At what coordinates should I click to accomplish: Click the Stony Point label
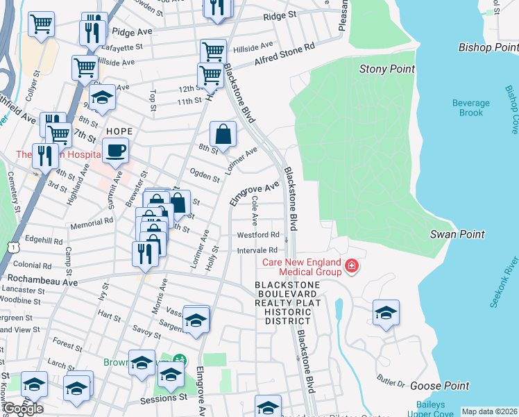[x=387, y=69]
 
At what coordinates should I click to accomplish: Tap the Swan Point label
[x=457, y=234]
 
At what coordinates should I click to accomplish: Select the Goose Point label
[x=439, y=386]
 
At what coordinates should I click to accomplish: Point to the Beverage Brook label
[x=471, y=108]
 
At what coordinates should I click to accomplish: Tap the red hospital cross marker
[x=352, y=266]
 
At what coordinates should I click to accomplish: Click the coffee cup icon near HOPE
[x=116, y=149]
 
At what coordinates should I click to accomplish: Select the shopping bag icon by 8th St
[x=223, y=133]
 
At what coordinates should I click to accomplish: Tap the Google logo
[x=23, y=409]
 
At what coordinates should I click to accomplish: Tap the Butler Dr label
[x=391, y=383]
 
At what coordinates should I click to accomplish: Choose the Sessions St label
[x=164, y=400]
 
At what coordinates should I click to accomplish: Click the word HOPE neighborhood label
[x=119, y=131]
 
